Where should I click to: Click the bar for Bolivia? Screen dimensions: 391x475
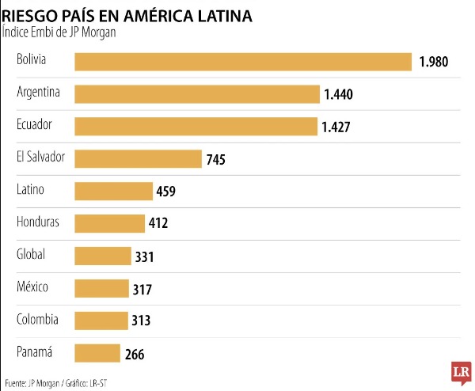[243, 62]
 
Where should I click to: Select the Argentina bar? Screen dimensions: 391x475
[197, 94]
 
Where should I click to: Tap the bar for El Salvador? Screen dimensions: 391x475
[138, 158]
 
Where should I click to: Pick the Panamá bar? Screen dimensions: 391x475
[97, 353]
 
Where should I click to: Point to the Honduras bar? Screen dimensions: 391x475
[110, 223]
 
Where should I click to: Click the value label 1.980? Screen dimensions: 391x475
[434, 63]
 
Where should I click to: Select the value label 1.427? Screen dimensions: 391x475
[336, 127]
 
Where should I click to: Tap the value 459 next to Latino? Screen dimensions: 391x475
[165, 192]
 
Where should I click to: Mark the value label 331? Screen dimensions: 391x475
[144, 256]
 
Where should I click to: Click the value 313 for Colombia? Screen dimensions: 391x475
[141, 321]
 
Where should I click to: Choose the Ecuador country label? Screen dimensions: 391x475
[35, 124]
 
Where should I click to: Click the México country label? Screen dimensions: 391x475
[32, 287]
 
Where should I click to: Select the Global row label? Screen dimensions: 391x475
[31, 254]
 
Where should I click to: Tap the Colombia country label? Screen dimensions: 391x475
[37, 319]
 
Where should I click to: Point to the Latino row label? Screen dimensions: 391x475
[30, 189]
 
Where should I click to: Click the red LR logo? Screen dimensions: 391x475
[459, 372]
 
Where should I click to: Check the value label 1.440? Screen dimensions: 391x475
[338, 95]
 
